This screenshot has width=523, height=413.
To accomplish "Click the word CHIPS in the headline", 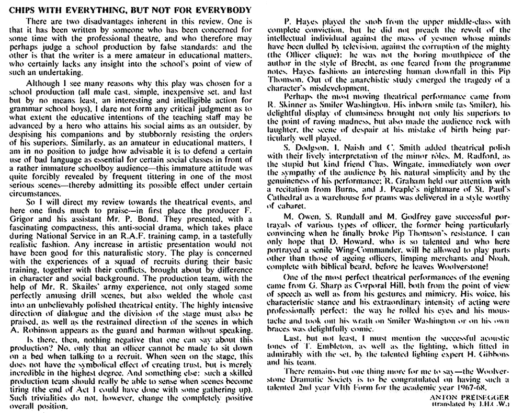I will click(x=22, y=10).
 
